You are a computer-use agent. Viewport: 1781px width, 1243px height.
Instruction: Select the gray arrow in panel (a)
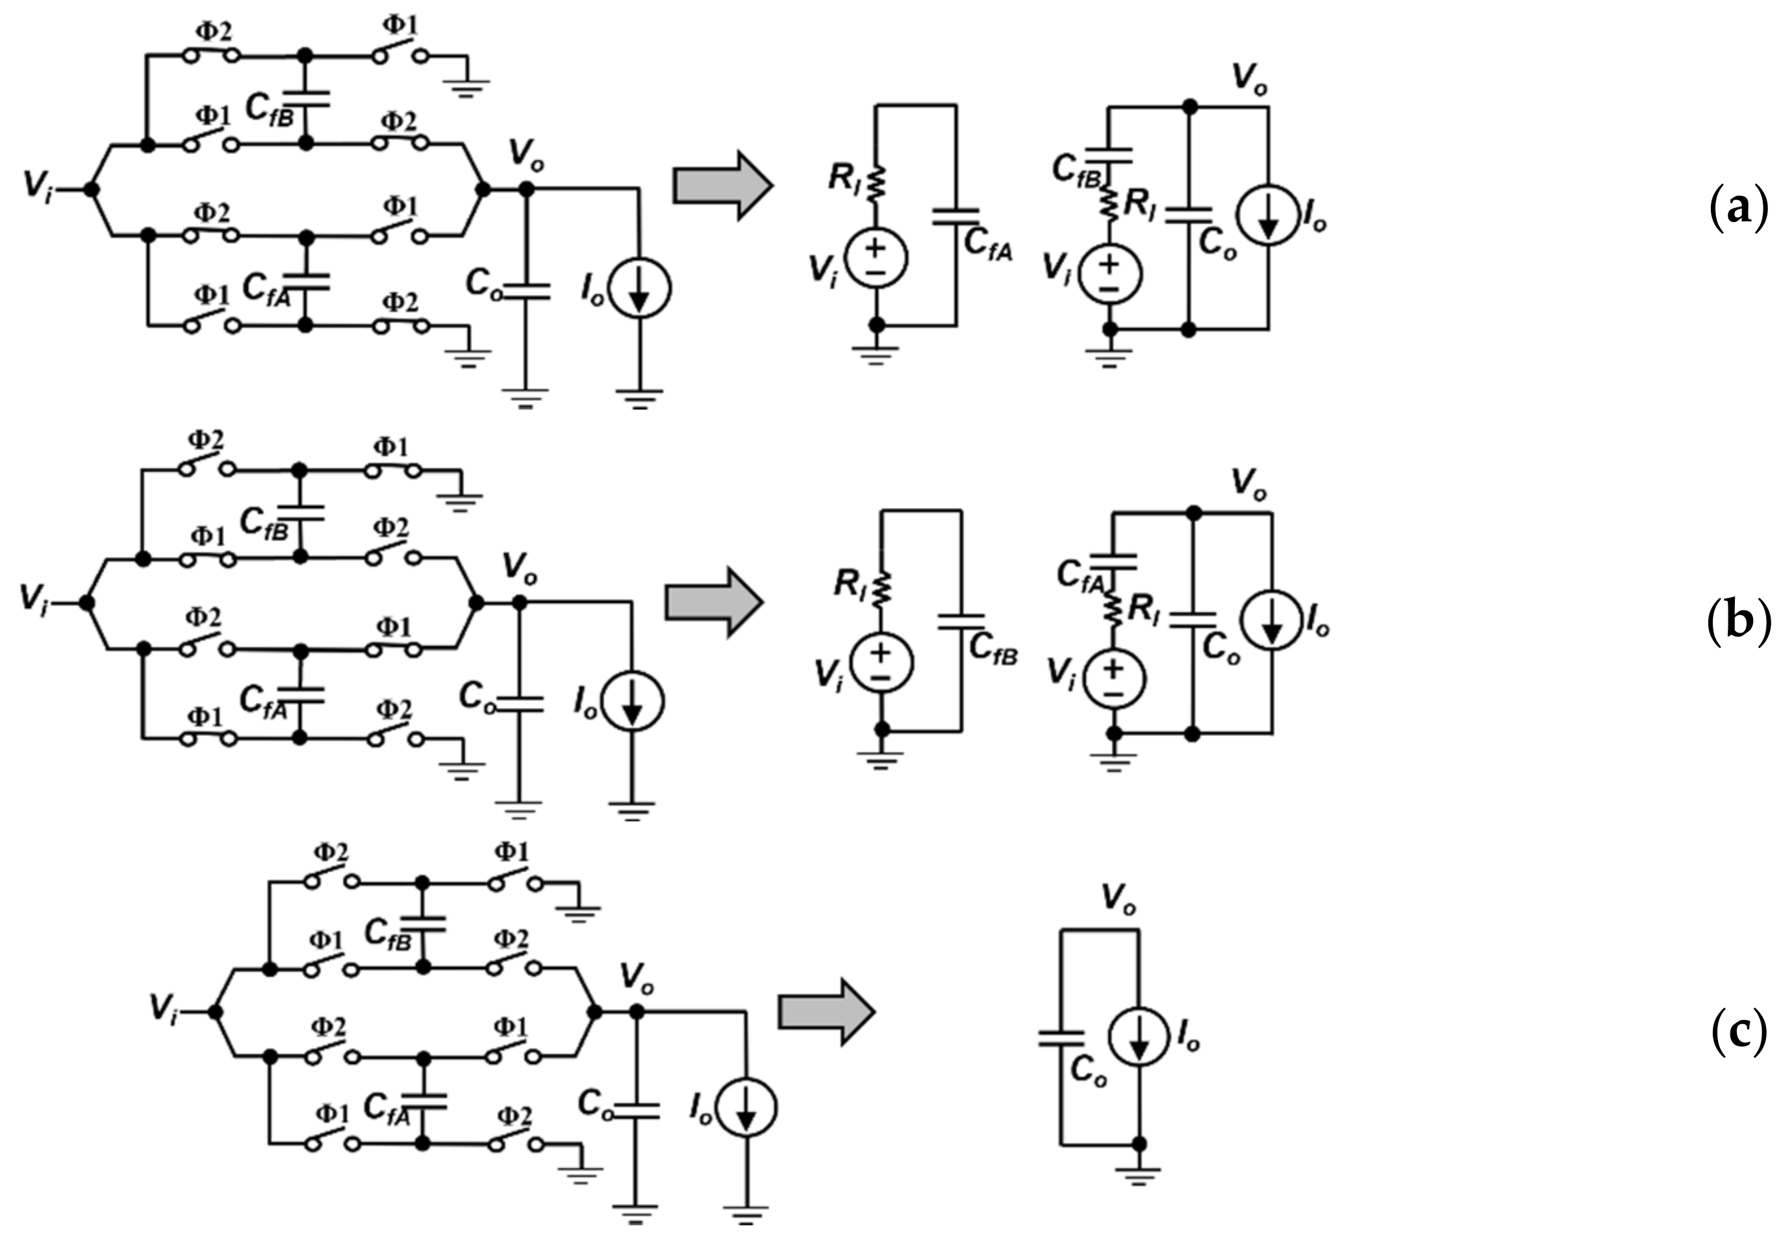pos(722,186)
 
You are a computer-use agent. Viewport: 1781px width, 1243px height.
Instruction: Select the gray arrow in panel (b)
pos(714,602)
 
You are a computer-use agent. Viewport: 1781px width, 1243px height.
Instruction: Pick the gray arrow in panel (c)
pos(827,1012)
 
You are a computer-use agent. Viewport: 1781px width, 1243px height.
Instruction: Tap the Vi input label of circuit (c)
pos(163,1010)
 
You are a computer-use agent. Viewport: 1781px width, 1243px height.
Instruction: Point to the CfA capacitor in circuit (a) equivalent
pos(955,216)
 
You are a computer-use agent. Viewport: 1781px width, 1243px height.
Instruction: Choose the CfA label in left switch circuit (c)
pos(387,1108)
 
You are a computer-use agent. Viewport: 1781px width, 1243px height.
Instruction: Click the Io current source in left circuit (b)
pos(633,702)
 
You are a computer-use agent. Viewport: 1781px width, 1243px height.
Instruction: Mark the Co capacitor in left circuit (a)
pos(526,291)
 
